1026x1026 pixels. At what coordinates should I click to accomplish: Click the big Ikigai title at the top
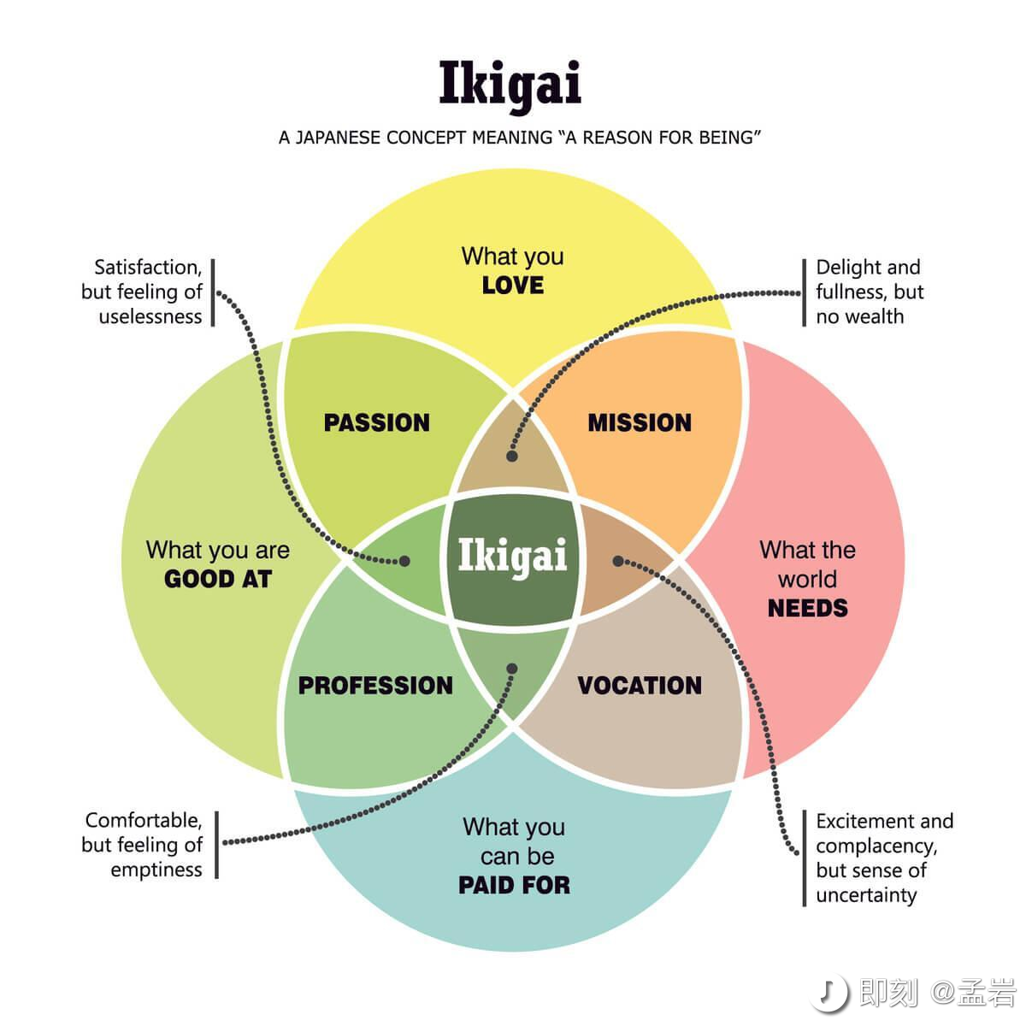pyautogui.click(x=510, y=84)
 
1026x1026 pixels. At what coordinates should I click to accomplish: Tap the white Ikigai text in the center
pyautogui.click(x=512, y=556)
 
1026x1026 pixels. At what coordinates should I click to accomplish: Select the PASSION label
pyautogui.click(x=376, y=422)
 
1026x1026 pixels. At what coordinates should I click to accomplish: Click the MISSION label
pyautogui.click(x=640, y=422)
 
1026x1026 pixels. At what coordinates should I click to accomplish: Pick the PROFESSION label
pyautogui.click(x=375, y=685)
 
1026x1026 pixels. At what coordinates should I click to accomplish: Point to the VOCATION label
pyautogui.click(x=640, y=685)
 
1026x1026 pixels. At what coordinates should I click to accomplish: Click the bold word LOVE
pyautogui.click(x=513, y=286)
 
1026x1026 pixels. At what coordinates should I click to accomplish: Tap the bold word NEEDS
pyautogui.click(x=807, y=608)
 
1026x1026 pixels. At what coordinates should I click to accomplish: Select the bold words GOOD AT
pyautogui.click(x=217, y=579)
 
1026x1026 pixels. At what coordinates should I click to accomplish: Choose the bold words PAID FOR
pyautogui.click(x=514, y=885)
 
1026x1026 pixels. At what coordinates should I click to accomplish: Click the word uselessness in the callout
pyautogui.click(x=150, y=316)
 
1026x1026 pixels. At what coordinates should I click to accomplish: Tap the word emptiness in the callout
pyautogui.click(x=156, y=870)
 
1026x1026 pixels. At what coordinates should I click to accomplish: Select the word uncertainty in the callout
pyautogui.click(x=866, y=895)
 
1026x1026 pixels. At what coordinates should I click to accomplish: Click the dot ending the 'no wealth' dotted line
pyautogui.click(x=512, y=457)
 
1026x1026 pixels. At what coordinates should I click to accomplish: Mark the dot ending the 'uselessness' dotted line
pyautogui.click(x=404, y=562)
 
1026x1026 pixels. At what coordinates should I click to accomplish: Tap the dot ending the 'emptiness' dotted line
pyautogui.click(x=512, y=669)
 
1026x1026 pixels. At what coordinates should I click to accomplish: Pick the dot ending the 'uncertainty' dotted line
pyautogui.click(x=618, y=561)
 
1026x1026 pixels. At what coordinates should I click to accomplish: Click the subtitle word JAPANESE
pyautogui.click(x=339, y=138)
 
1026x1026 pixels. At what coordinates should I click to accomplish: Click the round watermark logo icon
pyautogui.click(x=830, y=993)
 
